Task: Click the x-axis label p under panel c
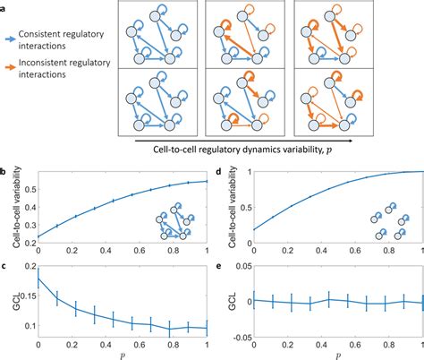click(x=122, y=354)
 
